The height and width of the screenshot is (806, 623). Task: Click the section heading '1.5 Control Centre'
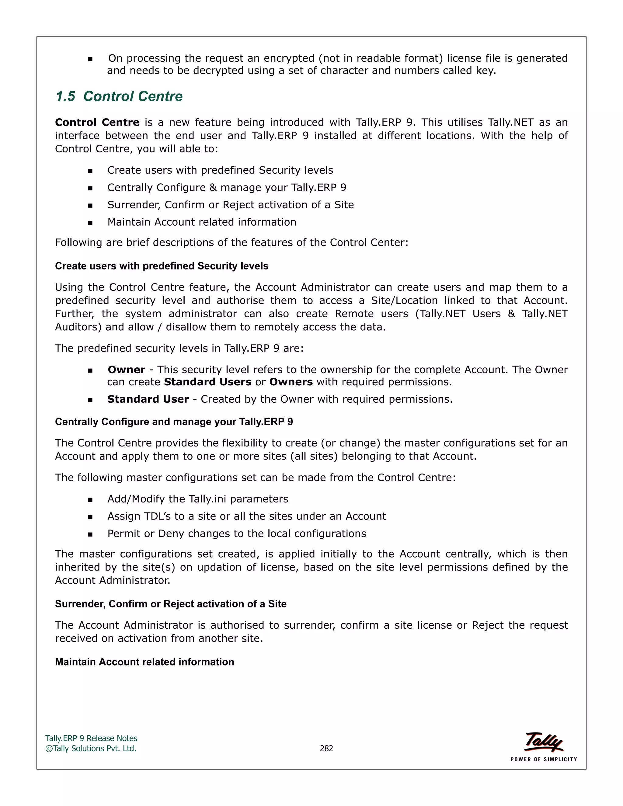[x=119, y=96]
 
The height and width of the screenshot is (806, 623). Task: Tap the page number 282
[x=326, y=748]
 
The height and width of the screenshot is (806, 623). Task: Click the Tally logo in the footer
[x=543, y=742]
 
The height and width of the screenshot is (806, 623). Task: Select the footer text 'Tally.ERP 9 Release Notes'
[x=91, y=738]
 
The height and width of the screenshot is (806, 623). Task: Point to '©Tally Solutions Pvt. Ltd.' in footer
[x=91, y=748]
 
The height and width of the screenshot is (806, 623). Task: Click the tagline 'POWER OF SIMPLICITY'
[x=543, y=759]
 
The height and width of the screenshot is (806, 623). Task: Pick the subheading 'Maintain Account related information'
[x=144, y=662]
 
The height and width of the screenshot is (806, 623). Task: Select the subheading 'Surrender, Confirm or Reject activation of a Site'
[x=171, y=604]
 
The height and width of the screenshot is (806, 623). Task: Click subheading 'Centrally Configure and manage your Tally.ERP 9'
[x=174, y=422]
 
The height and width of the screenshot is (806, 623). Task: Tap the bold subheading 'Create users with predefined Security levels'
[x=161, y=266]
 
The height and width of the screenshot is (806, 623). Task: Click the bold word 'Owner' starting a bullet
[x=126, y=370]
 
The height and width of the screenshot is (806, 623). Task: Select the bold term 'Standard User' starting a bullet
[x=148, y=399]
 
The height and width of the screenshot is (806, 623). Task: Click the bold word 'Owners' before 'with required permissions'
[x=291, y=382]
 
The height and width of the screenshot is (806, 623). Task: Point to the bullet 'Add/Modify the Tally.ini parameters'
[x=197, y=499]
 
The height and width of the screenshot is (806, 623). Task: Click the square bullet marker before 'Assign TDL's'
[x=90, y=517]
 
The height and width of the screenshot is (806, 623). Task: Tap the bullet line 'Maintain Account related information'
[x=201, y=222]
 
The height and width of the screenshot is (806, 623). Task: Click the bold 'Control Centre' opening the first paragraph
[x=97, y=122]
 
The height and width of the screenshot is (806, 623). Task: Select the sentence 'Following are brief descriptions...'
[x=231, y=242]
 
